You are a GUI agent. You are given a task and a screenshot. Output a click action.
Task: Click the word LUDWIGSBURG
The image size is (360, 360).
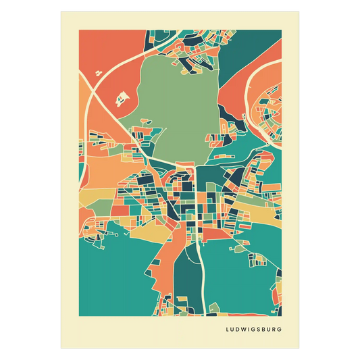click(x=255, y=330)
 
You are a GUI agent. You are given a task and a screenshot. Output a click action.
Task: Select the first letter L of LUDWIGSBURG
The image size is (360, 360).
click(x=228, y=330)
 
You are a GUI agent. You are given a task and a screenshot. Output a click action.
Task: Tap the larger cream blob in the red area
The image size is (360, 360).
click(x=122, y=99)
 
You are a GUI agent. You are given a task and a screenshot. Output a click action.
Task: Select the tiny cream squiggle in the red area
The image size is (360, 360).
click(x=99, y=71)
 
